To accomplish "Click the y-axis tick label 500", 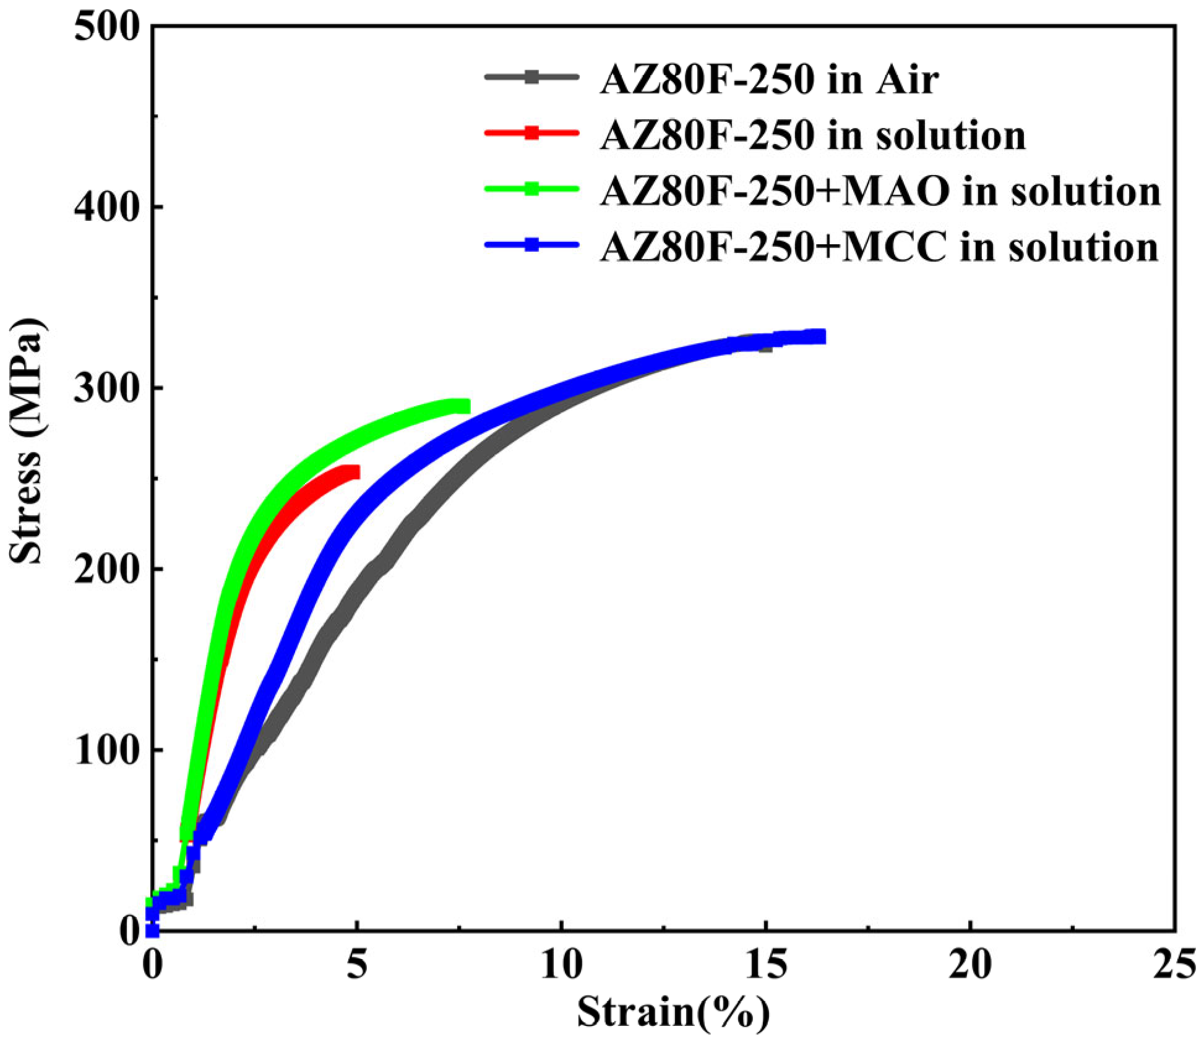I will [x=105, y=28].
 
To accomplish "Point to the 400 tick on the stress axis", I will [x=105, y=208].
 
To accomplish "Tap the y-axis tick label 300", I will [x=105, y=388].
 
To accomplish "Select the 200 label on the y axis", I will [x=105, y=569].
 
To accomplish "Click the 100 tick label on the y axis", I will [x=105, y=749].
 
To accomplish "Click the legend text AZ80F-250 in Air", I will [x=769, y=80].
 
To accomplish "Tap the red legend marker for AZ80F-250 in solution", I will [x=531, y=132].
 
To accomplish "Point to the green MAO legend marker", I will [x=531, y=188].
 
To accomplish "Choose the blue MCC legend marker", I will [x=531, y=244].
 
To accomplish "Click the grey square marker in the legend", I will [x=531, y=77].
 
